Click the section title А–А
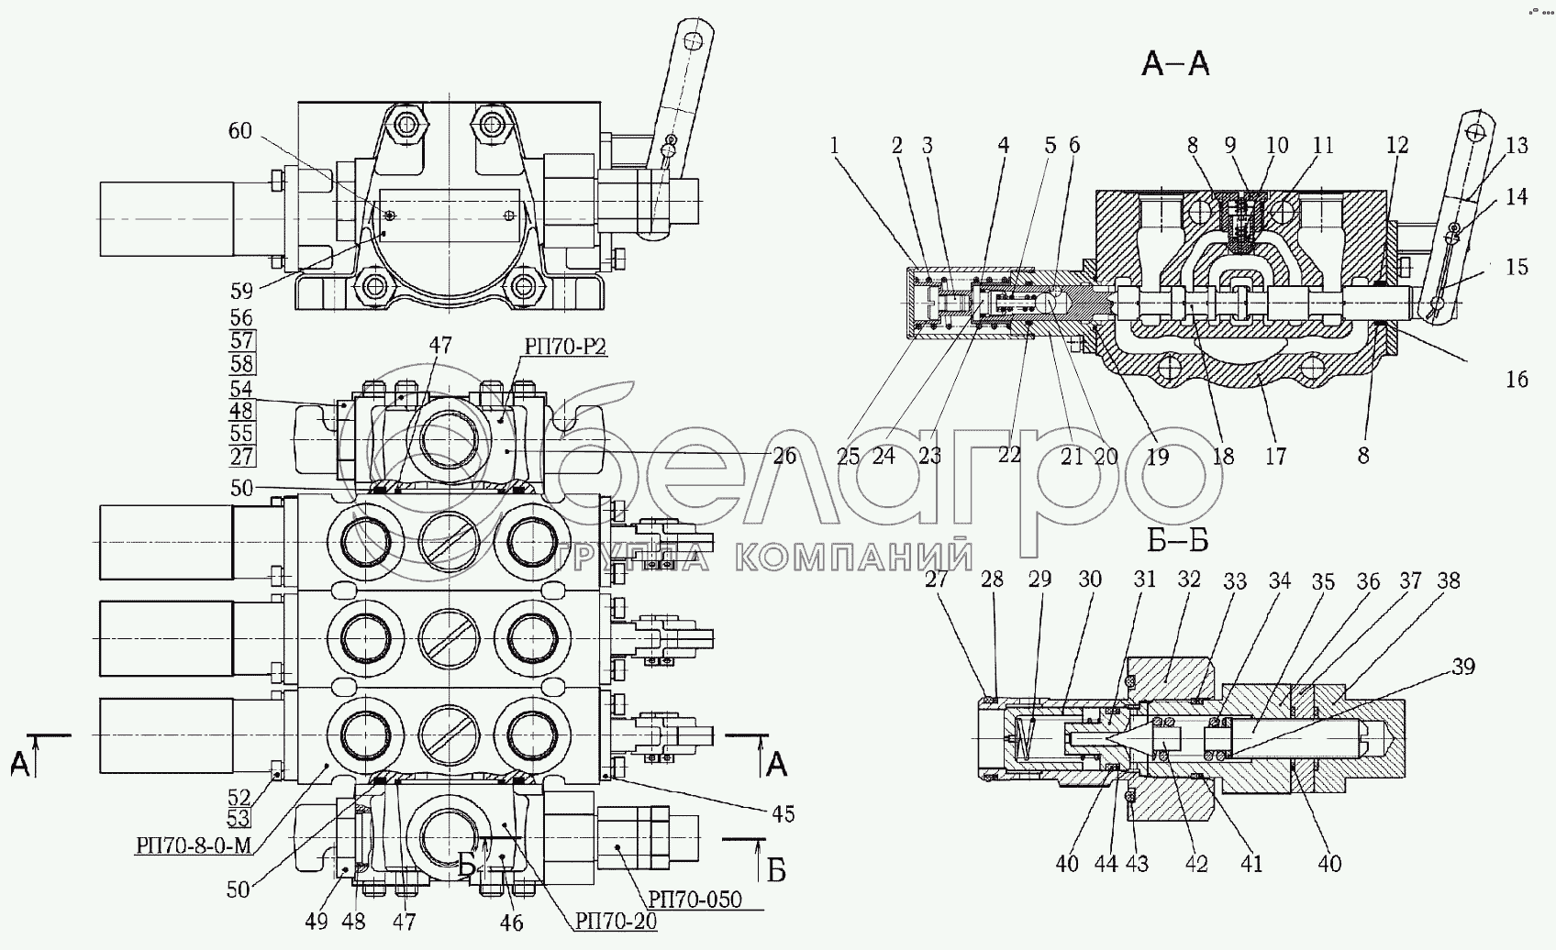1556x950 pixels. (x=1175, y=64)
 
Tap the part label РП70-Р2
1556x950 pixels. (x=565, y=347)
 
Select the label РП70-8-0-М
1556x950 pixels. (x=193, y=845)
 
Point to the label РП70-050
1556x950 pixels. (x=695, y=900)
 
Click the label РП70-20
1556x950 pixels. (x=616, y=922)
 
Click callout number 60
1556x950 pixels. (x=239, y=130)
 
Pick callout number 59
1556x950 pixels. (x=240, y=290)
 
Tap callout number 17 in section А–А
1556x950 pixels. (x=1274, y=457)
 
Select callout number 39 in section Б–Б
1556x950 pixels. (x=1463, y=667)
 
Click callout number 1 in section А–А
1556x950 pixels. (x=834, y=145)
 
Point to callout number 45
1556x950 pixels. (x=783, y=814)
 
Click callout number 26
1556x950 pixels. (x=784, y=456)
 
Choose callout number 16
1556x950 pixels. (x=1517, y=379)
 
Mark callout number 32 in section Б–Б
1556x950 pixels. (x=1189, y=580)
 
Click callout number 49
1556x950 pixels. (x=316, y=922)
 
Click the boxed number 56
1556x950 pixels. (x=241, y=317)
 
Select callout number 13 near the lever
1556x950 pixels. (x=1517, y=145)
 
